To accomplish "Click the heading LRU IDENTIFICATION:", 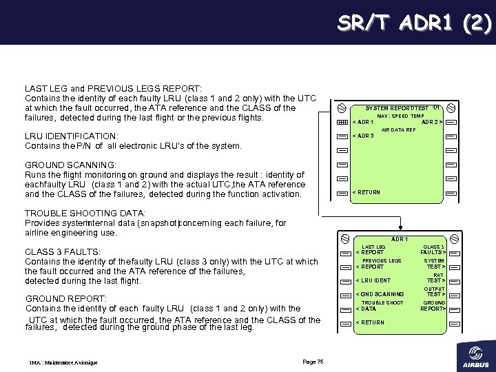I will pyautogui.click(x=72, y=136).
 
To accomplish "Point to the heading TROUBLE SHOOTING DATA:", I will pyautogui.click(x=85, y=214).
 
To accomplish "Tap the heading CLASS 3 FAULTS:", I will pyautogui.click(x=63, y=252).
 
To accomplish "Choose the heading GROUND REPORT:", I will pyautogui.click(x=65, y=299).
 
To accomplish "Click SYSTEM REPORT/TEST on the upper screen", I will pyautogui.click(x=396, y=109).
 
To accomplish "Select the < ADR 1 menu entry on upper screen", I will pyautogui.click(x=363, y=123).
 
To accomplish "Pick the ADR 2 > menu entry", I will pyautogui.click(x=431, y=123).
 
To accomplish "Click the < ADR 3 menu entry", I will pyautogui.click(x=363, y=136).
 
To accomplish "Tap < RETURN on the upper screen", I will pyautogui.click(x=366, y=192).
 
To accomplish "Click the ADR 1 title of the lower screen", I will pyautogui.click(x=400, y=239).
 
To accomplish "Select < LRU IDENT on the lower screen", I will pyautogui.click(x=373, y=280).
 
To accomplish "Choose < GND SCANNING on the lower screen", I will pyautogui.click(x=380, y=294).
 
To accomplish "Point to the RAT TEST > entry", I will pyautogui.click(x=435, y=278).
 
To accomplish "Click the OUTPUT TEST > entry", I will pyautogui.click(x=435, y=291).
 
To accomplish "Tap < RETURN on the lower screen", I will pyautogui.click(x=370, y=322).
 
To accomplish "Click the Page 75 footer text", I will pyautogui.click(x=313, y=362).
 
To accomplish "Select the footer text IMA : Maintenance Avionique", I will pyautogui.click(x=63, y=362).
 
